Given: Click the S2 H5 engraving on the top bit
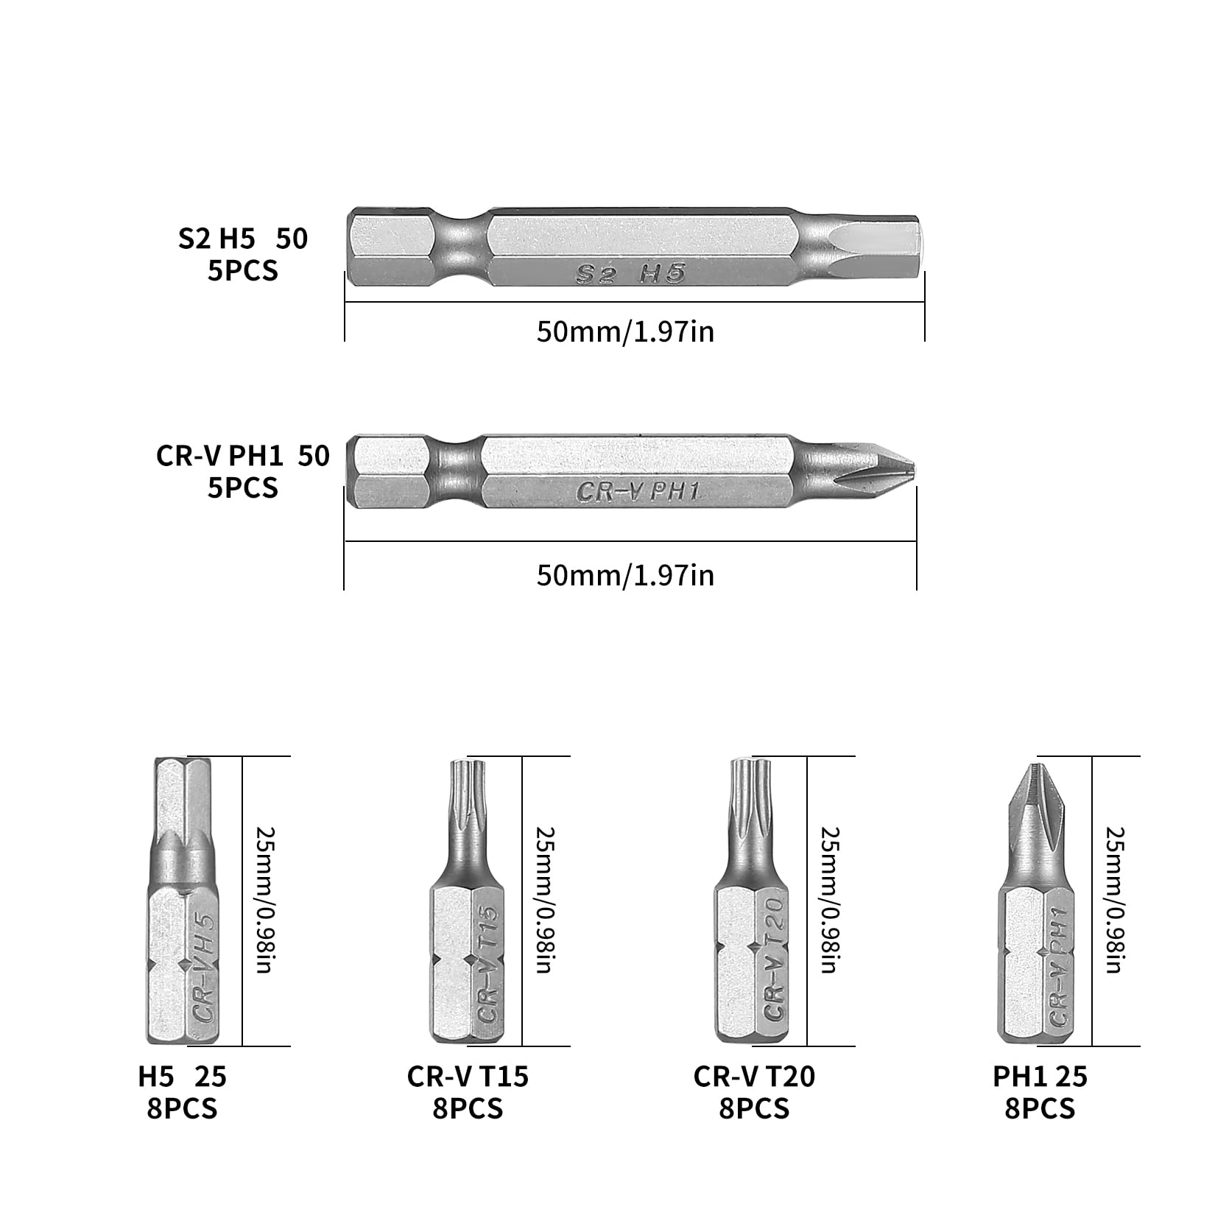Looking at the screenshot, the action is pos(629,275).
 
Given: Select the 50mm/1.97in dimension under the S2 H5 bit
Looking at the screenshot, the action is pos(625,331).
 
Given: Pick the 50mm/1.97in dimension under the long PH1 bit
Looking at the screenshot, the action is pos(625,574).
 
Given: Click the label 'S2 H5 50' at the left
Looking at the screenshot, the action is pos(242,239).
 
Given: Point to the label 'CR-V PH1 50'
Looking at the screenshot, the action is pos(242,456).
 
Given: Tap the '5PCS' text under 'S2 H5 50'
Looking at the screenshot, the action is pos(242,271).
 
